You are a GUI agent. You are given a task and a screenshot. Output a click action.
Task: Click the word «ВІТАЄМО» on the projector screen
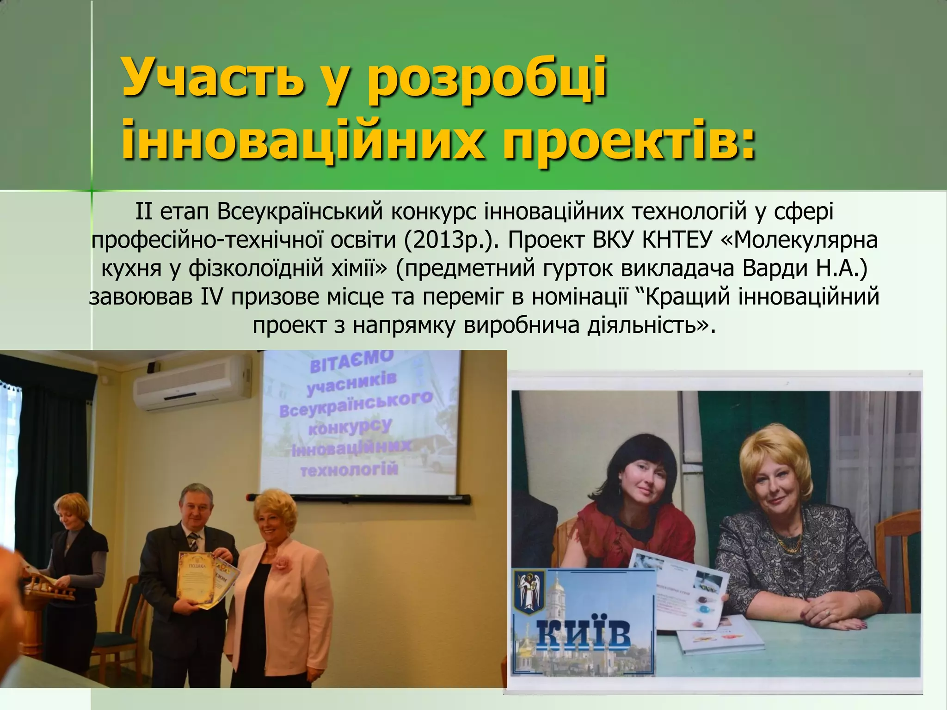pyautogui.click(x=351, y=361)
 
